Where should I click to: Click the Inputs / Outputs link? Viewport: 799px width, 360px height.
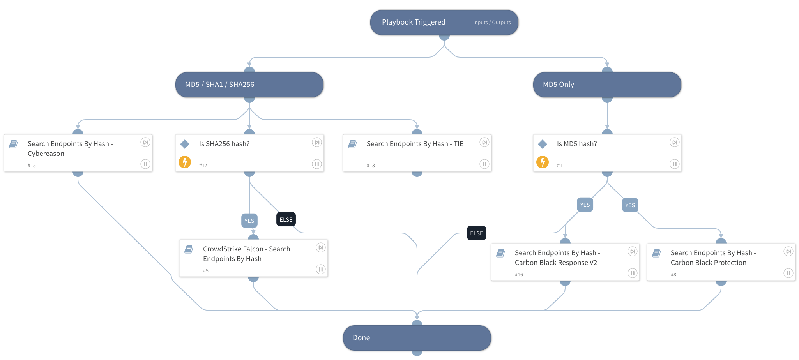tap(491, 23)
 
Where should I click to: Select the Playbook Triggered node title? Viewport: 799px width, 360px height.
tap(413, 22)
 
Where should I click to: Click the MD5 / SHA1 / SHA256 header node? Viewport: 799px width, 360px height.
tap(249, 85)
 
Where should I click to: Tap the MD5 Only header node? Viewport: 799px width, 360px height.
tap(607, 85)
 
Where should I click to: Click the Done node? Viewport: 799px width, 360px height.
tap(417, 338)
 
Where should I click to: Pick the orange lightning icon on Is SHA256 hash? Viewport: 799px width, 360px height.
tap(185, 162)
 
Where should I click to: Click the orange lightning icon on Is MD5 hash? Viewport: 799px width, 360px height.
tap(542, 162)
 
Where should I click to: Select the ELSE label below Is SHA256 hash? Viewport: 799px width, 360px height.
tap(286, 219)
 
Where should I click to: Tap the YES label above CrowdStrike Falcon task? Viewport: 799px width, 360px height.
tap(249, 221)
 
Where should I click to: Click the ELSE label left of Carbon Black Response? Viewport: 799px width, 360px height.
tap(476, 233)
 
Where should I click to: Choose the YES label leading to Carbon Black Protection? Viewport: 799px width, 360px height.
tap(630, 205)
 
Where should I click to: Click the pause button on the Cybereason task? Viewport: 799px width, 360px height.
tap(145, 164)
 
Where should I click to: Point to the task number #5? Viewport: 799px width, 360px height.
tap(205, 270)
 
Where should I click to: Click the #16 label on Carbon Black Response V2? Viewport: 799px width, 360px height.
tap(519, 274)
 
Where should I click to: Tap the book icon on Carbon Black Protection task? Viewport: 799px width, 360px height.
tap(656, 253)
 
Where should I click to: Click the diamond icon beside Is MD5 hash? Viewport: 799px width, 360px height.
tap(542, 144)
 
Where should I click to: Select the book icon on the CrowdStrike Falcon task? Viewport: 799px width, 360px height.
tap(189, 249)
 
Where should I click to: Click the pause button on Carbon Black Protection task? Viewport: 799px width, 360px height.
tap(788, 273)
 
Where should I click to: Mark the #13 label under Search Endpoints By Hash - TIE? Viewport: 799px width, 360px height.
tap(370, 165)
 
